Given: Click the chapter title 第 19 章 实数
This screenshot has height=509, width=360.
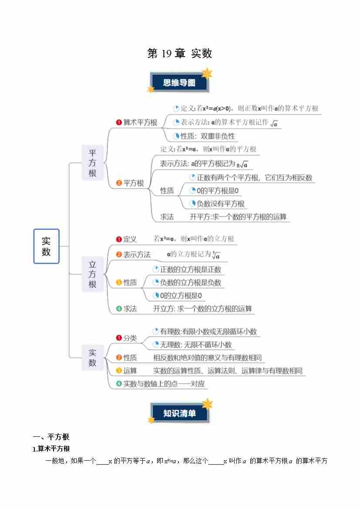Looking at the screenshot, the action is tap(179, 53).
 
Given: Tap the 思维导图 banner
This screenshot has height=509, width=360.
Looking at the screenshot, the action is tap(179, 82).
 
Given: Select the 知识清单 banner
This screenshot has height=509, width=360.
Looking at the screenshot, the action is tap(179, 413).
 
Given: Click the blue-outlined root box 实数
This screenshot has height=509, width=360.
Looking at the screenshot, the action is tap(47, 246).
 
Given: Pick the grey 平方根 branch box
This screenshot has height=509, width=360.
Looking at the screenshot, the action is tap(93, 163).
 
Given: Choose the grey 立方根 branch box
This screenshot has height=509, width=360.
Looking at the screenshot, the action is tap(93, 274).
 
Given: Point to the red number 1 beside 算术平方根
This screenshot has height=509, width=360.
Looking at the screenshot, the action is tap(119, 122).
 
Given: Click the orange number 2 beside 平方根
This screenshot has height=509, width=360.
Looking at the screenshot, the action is tap(119, 183).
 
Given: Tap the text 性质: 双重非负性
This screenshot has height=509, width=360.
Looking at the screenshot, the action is tap(208, 136).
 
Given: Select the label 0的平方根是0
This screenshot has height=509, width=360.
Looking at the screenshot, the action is tap(218, 191).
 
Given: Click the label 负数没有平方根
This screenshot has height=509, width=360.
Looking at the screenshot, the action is tap(220, 204).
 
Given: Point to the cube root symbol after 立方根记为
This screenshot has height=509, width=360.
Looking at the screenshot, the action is tap(216, 255).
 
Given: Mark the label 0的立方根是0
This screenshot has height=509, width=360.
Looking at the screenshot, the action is tap(181, 296).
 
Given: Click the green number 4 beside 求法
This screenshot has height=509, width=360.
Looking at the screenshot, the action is tap(119, 308).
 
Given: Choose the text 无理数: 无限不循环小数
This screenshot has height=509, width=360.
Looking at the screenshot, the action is tap(196, 345).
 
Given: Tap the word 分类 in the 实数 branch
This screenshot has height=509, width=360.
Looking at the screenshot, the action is tap(130, 338).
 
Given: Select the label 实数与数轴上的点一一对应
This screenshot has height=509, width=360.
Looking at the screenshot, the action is tap(164, 384).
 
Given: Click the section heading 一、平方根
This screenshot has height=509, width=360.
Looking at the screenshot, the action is tap(51, 437).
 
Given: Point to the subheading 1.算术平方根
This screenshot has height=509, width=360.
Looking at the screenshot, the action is tap(51, 448).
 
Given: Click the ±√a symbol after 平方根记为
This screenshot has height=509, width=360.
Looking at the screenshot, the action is tap(242, 165).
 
